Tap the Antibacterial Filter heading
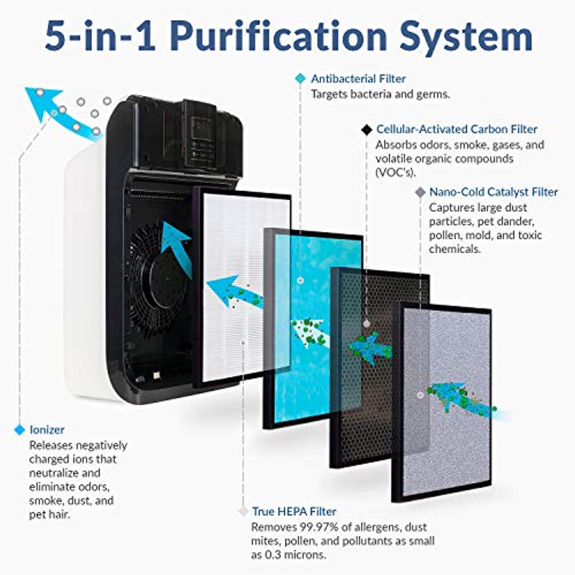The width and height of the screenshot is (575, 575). coord(358,79)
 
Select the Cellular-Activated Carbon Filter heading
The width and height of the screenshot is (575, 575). coord(456,129)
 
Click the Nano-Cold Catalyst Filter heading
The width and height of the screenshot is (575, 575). coord(493,192)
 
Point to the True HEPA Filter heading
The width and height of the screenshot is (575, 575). coord(294,511)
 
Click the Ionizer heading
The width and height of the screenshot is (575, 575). coord(47,430)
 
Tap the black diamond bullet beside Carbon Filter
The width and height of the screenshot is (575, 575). coord(367,130)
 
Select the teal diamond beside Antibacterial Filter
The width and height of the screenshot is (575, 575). coord(300,79)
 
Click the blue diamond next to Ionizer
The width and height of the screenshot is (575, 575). coord(19,430)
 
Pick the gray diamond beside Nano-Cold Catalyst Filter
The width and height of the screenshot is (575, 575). coord(421,192)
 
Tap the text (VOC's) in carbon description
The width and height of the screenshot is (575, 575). coord(395,172)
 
